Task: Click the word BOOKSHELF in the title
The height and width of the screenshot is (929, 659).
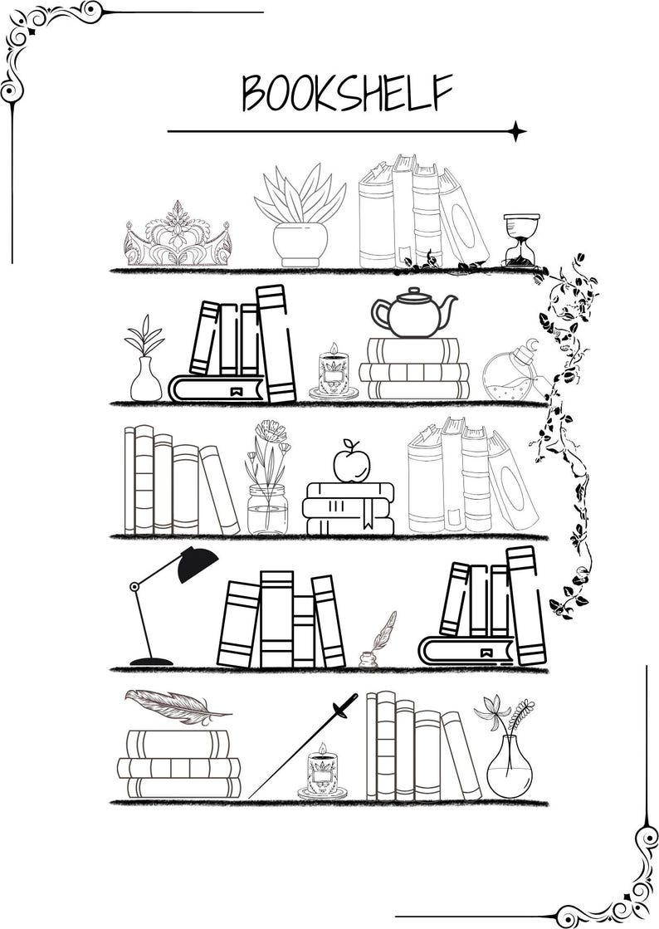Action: click(347, 92)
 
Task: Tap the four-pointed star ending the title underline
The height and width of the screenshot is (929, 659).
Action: click(516, 130)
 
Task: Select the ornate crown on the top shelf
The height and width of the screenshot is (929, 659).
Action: click(177, 236)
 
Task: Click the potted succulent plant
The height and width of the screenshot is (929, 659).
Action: click(300, 217)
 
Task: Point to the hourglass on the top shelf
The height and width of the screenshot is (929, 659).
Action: click(521, 239)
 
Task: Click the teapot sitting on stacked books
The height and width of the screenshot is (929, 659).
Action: click(414, 313)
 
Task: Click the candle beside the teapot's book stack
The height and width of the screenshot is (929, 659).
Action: click(334, 373)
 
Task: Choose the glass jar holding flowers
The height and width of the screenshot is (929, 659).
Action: click(267, 508)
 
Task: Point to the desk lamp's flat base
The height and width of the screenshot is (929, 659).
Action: click(151, 661)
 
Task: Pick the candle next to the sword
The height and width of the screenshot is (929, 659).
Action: click(322, 772)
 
